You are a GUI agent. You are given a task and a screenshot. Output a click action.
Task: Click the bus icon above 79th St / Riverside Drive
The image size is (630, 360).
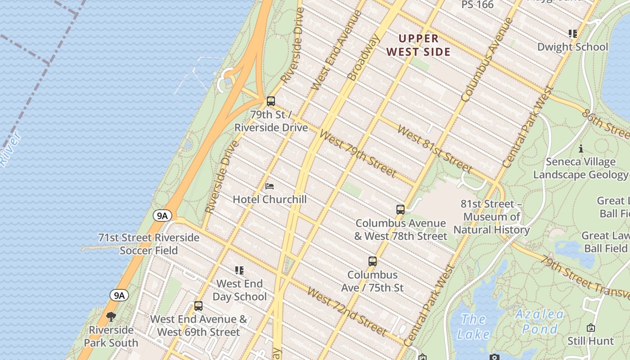(271, 101)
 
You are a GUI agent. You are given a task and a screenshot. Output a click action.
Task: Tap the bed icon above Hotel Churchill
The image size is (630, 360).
(270, 186)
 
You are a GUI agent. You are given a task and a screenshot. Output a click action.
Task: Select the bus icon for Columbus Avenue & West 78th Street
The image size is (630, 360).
(400, 210)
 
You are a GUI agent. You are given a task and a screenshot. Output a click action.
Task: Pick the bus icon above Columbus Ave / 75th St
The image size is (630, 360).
(372, 261)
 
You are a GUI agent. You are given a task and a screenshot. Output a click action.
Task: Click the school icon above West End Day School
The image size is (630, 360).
(239, 270)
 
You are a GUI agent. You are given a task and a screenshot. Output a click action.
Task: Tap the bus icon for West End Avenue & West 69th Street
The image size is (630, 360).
(198, 306)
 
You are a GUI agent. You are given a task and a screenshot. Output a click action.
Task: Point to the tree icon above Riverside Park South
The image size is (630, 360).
(111, 317)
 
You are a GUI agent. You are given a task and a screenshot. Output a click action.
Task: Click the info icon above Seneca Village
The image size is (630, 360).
(580, 148)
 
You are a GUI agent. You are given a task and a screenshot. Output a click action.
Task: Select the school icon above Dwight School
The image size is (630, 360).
(572, 34)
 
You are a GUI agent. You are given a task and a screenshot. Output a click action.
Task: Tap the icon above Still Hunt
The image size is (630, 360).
(590, 328)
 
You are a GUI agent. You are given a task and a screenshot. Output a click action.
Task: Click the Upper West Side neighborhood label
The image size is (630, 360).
(418, 45)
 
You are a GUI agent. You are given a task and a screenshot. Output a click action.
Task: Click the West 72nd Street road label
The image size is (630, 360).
(347, 311)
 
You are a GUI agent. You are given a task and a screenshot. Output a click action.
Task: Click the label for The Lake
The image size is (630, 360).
(473, 327)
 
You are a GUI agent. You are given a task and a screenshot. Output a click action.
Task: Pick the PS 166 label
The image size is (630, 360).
(477, 4)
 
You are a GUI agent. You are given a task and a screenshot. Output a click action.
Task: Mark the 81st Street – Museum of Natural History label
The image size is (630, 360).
(491, 217)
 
